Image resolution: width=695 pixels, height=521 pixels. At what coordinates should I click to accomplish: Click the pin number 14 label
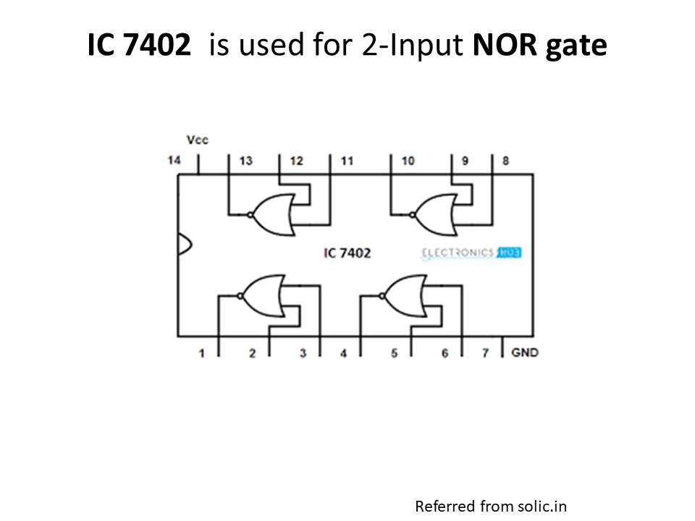tap(174, 160)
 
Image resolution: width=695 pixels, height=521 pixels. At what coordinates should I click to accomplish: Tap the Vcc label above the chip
tap(197, 140)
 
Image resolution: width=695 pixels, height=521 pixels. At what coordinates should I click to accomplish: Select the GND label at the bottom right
tap(525, 352)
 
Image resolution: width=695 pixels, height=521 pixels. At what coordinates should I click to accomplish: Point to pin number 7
tap(486, 353)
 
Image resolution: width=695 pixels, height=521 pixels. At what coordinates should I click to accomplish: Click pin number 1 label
tap(202, 353)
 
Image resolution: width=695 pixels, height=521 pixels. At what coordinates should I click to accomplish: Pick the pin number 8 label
tap(505, 161)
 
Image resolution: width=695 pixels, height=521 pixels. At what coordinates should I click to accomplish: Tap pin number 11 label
tap(347, 161)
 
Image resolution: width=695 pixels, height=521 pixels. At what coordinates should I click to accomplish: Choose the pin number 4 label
tap(343, 353)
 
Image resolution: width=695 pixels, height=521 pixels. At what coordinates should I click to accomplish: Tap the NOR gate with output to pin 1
tap(261, 296)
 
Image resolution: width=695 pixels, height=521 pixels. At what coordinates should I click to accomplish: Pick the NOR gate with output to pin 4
tap(405, 296)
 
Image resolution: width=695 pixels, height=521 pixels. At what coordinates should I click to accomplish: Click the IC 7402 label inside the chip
tap(347, 253)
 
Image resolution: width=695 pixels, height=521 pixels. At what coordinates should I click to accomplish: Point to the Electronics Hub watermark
tap(471, 253)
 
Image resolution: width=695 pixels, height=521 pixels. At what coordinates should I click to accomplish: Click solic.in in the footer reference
tap(539, 505)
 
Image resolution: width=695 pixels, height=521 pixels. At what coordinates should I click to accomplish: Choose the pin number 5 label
tap(395, 353)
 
